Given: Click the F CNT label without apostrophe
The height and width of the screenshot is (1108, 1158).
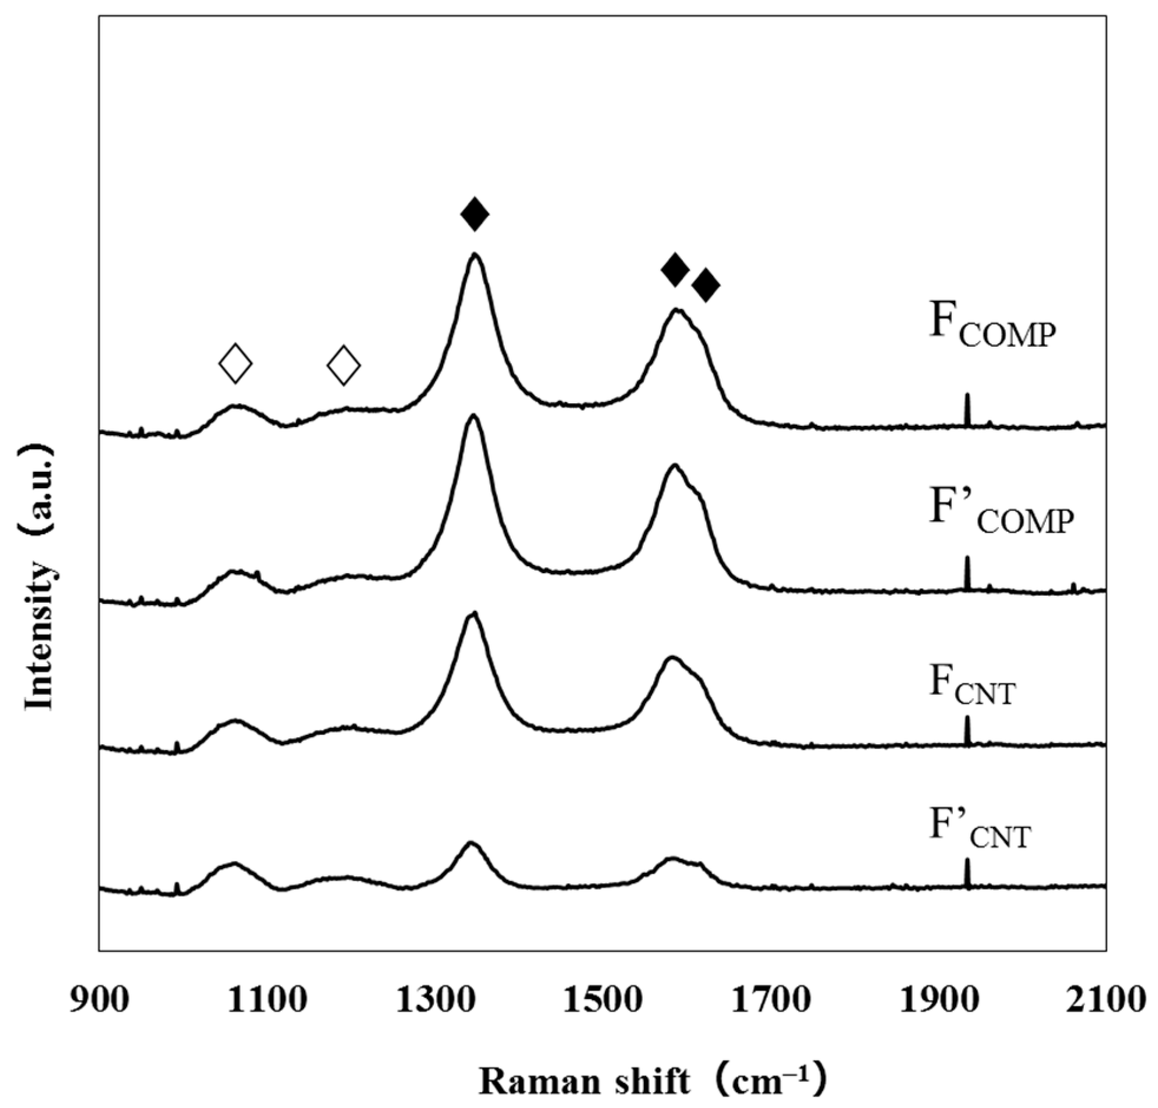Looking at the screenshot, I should tap(972, 685).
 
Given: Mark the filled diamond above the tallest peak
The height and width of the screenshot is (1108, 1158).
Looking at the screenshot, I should tap(475, 215).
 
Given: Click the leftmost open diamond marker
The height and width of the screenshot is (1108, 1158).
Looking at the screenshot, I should tap(236, 363).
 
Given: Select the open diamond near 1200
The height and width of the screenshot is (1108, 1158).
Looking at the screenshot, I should tap(344, 365).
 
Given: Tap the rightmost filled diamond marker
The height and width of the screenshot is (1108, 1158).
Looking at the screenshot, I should tap(706, 286).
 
